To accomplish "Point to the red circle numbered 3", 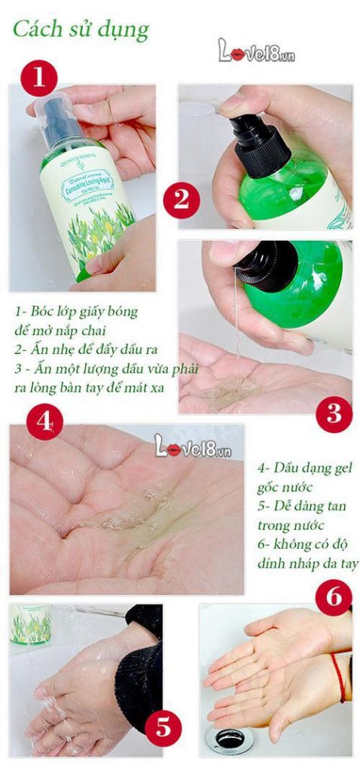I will pos(333,413).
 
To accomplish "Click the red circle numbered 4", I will pos(44,423).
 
